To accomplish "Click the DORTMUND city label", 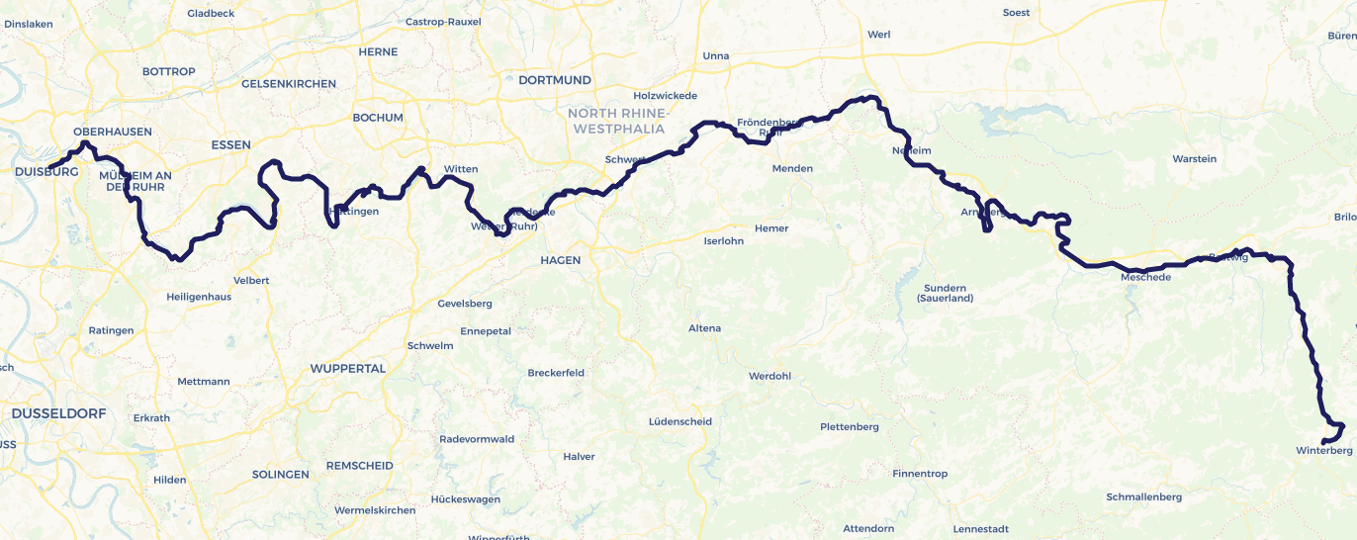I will pyautogui.click(x=554, y=80).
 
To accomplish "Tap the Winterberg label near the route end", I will pyautogui.click(x=1323, y=451).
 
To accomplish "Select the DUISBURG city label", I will pyautogui.click(x=46, y=172).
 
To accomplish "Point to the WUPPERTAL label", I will pyautogui.click(x=347, y=368).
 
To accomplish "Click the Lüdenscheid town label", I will pyautogui.click(x=679, y=421).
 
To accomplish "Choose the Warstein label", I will pyautogui.click(x=1194, y=159).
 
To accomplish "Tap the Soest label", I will pyautogui.click(x=1016, y=13).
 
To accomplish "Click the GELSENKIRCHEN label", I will pyautogui.click(x=289, y=84).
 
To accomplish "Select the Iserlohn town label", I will pyautogui.click(x=723, y=241).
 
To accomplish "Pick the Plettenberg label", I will pyautogui.click(x=850, y=427).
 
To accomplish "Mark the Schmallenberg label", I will pyautogui.click(x=1143, y=497).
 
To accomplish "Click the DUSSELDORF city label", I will pyautogui.click(x=58, y=413).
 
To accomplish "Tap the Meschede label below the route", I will pyautogui.click(x=1145, y=278).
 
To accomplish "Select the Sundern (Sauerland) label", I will pyautogui.click(x=945, y=293).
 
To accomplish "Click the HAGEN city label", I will pyautogui.click(x=560, y=260).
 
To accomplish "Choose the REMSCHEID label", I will pyautogui.click(x=359, y=466).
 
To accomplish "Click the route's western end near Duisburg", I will pyautogui.click(x=48, y=166).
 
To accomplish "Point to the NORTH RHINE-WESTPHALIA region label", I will pyautogui.click(x=618, y=121).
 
